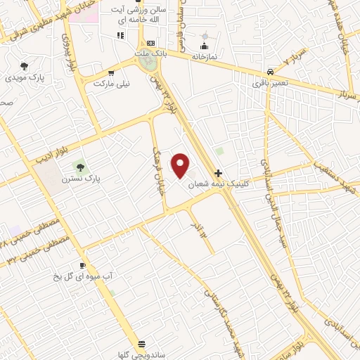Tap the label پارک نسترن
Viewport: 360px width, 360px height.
82,179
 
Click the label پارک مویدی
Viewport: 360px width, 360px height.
24,77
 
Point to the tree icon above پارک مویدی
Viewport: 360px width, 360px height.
24,65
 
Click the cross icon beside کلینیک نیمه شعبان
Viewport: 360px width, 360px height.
219,172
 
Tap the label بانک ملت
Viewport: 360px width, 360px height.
150,53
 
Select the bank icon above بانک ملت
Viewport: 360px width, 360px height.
150,43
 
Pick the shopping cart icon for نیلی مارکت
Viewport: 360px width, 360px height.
110,72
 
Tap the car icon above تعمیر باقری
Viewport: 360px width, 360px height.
271,72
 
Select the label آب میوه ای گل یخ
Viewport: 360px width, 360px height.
82,277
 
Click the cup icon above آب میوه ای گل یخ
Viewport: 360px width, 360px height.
82,265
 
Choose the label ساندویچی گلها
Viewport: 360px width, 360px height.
143,354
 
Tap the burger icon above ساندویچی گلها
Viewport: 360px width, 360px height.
143,344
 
